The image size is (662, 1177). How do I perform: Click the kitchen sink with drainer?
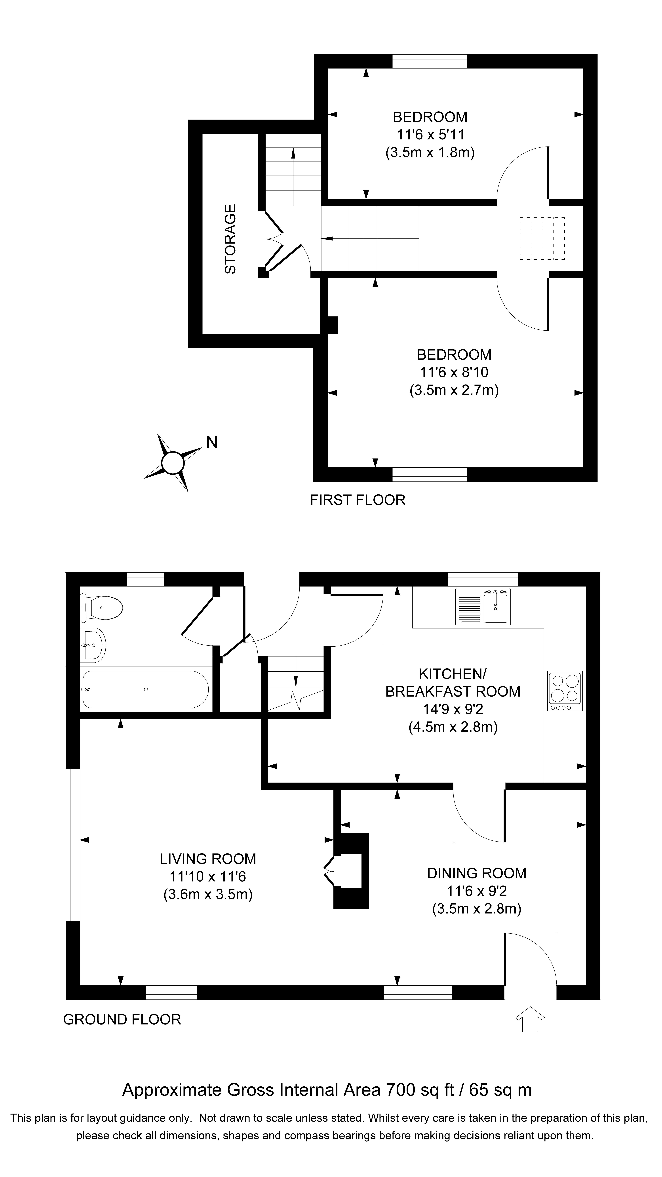click(483, 607)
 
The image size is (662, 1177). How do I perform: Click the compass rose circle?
click(173, 463)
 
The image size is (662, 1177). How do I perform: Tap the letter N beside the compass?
click(211, 442)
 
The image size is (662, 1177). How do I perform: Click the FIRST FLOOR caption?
click(357, 500)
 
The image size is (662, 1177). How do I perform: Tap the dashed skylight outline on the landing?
click(542, 238)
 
